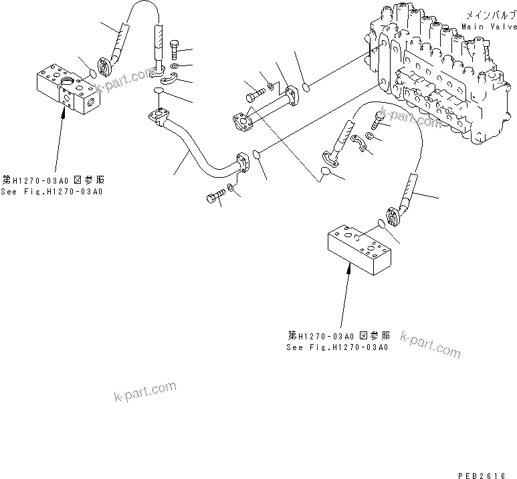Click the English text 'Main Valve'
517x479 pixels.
click(x=488, y=27)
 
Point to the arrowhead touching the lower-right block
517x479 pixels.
click(x=349, y=269)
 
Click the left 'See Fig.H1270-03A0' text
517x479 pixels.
click(x=52, y=192)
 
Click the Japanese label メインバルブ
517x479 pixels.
click(x=490, y=15)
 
